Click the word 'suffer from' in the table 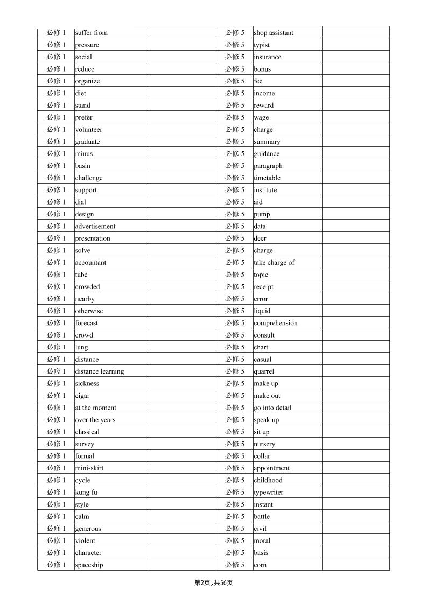click(x=92, y=33)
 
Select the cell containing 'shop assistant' click(x=274, y=33)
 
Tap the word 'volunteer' click(x=88, y=130)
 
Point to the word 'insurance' click(x=268, y=57)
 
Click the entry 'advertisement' click(x=95, y=227)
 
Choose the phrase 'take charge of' click(x=274, y=263)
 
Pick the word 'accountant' click(x=90, y=263)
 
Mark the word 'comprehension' click(x=275, y=323)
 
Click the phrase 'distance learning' click(x=99, y=371)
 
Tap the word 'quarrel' click(x=264, y=371)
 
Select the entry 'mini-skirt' click(x=89, y=468)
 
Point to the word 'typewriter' click(x=268, y=493)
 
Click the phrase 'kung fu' click(x=86, y=493)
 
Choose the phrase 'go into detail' click(x=272, y=408)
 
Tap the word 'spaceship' click(x=89, y=565)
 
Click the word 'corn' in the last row click(x=260, y=565)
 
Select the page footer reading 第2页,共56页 click(x=213, y=582)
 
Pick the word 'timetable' click(x=267, y=178)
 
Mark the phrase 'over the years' click(x=95, y=420)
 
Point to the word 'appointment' click(x=271, y=468)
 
